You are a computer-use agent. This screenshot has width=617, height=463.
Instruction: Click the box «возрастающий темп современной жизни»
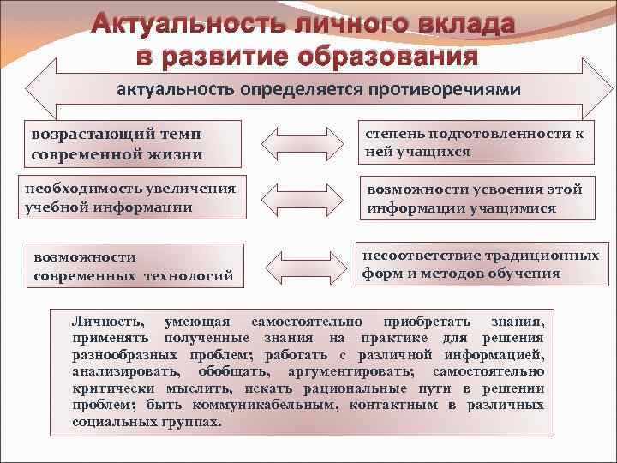tap(133, 144)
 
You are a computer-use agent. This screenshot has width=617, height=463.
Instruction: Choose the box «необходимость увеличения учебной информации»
tap(133, 198)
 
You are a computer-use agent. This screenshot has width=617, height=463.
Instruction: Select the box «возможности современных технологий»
tap(133, 266)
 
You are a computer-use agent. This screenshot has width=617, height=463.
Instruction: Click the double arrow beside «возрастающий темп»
tap(297, 142)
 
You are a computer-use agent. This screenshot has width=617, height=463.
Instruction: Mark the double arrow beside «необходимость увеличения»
tap(297, 196)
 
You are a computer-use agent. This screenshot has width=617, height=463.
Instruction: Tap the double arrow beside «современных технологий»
tap(297, 262)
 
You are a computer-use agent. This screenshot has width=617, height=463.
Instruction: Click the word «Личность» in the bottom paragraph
tap(107, 322)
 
